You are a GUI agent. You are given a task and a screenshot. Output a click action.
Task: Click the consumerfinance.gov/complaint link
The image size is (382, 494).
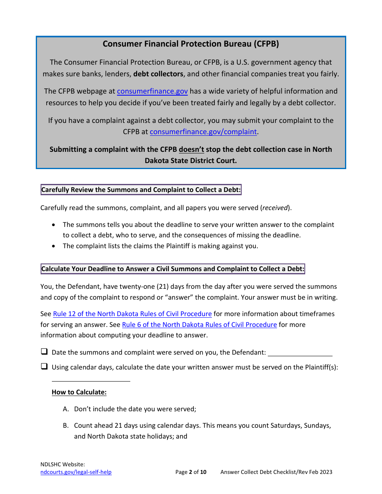tap(203, 132)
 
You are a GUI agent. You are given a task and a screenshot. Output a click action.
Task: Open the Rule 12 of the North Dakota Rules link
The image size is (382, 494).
tap(132, 314)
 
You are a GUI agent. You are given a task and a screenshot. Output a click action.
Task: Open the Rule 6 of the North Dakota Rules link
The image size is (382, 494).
tap(199, 325)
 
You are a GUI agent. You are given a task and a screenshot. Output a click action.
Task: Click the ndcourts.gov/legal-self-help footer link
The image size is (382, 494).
tap(76, 472)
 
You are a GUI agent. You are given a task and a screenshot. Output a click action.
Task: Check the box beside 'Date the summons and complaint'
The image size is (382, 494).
tap(44, 352)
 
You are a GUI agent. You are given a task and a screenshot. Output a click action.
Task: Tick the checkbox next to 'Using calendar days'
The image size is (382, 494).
tap(44, 367)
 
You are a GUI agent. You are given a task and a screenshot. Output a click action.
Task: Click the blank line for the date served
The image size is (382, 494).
tap(300, 353)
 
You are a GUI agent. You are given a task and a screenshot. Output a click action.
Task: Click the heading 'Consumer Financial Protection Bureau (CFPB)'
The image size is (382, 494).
tap(191, 44)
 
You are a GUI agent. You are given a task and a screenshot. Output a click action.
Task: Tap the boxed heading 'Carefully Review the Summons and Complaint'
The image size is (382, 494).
tap(141, 190)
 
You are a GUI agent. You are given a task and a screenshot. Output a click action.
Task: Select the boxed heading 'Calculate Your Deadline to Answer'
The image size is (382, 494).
tap(173, 269)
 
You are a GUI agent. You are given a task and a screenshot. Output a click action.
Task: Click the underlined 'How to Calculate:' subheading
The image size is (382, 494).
tap(79, 392)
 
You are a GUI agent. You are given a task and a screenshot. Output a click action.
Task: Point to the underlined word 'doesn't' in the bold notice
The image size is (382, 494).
tap(191, 149)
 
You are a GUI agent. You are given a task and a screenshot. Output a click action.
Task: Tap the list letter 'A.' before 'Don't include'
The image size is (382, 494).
tap(66, 409)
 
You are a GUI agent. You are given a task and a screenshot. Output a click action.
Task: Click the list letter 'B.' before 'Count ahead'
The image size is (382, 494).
tap(66, 425)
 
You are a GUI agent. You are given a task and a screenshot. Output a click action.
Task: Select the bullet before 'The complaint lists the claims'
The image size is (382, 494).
tap(54, 246)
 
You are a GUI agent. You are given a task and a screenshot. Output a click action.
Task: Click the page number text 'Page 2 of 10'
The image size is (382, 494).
tap(191, 472)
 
